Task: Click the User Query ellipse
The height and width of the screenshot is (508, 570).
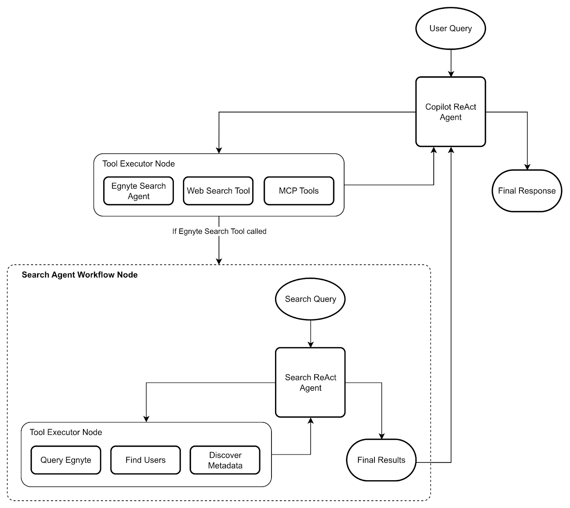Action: point(450,29)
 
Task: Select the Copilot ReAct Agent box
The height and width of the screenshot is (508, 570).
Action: point(450,112)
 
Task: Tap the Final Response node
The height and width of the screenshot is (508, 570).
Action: point(527,191)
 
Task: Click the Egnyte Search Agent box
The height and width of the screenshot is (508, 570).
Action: point(138,191)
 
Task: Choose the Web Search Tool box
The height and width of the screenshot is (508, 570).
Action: point(218,191)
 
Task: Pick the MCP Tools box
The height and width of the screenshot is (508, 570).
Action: point(299,191)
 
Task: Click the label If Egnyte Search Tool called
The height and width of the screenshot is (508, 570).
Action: point(219,231)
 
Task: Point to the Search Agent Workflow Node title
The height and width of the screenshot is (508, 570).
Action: point(79,275)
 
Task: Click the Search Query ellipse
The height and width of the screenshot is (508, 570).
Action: point(310,299)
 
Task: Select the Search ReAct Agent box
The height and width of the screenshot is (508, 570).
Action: point(310,383)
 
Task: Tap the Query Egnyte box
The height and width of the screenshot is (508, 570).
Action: point(66,460)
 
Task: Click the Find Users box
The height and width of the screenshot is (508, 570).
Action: point(145,460)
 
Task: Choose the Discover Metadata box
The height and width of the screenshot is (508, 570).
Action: point(225,460)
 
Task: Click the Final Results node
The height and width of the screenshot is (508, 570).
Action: point(381,460)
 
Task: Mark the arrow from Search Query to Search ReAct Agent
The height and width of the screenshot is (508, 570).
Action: point(310,333)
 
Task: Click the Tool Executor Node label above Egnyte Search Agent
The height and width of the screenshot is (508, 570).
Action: point(139,164)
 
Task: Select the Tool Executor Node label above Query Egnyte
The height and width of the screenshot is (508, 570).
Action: point(66,432)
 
